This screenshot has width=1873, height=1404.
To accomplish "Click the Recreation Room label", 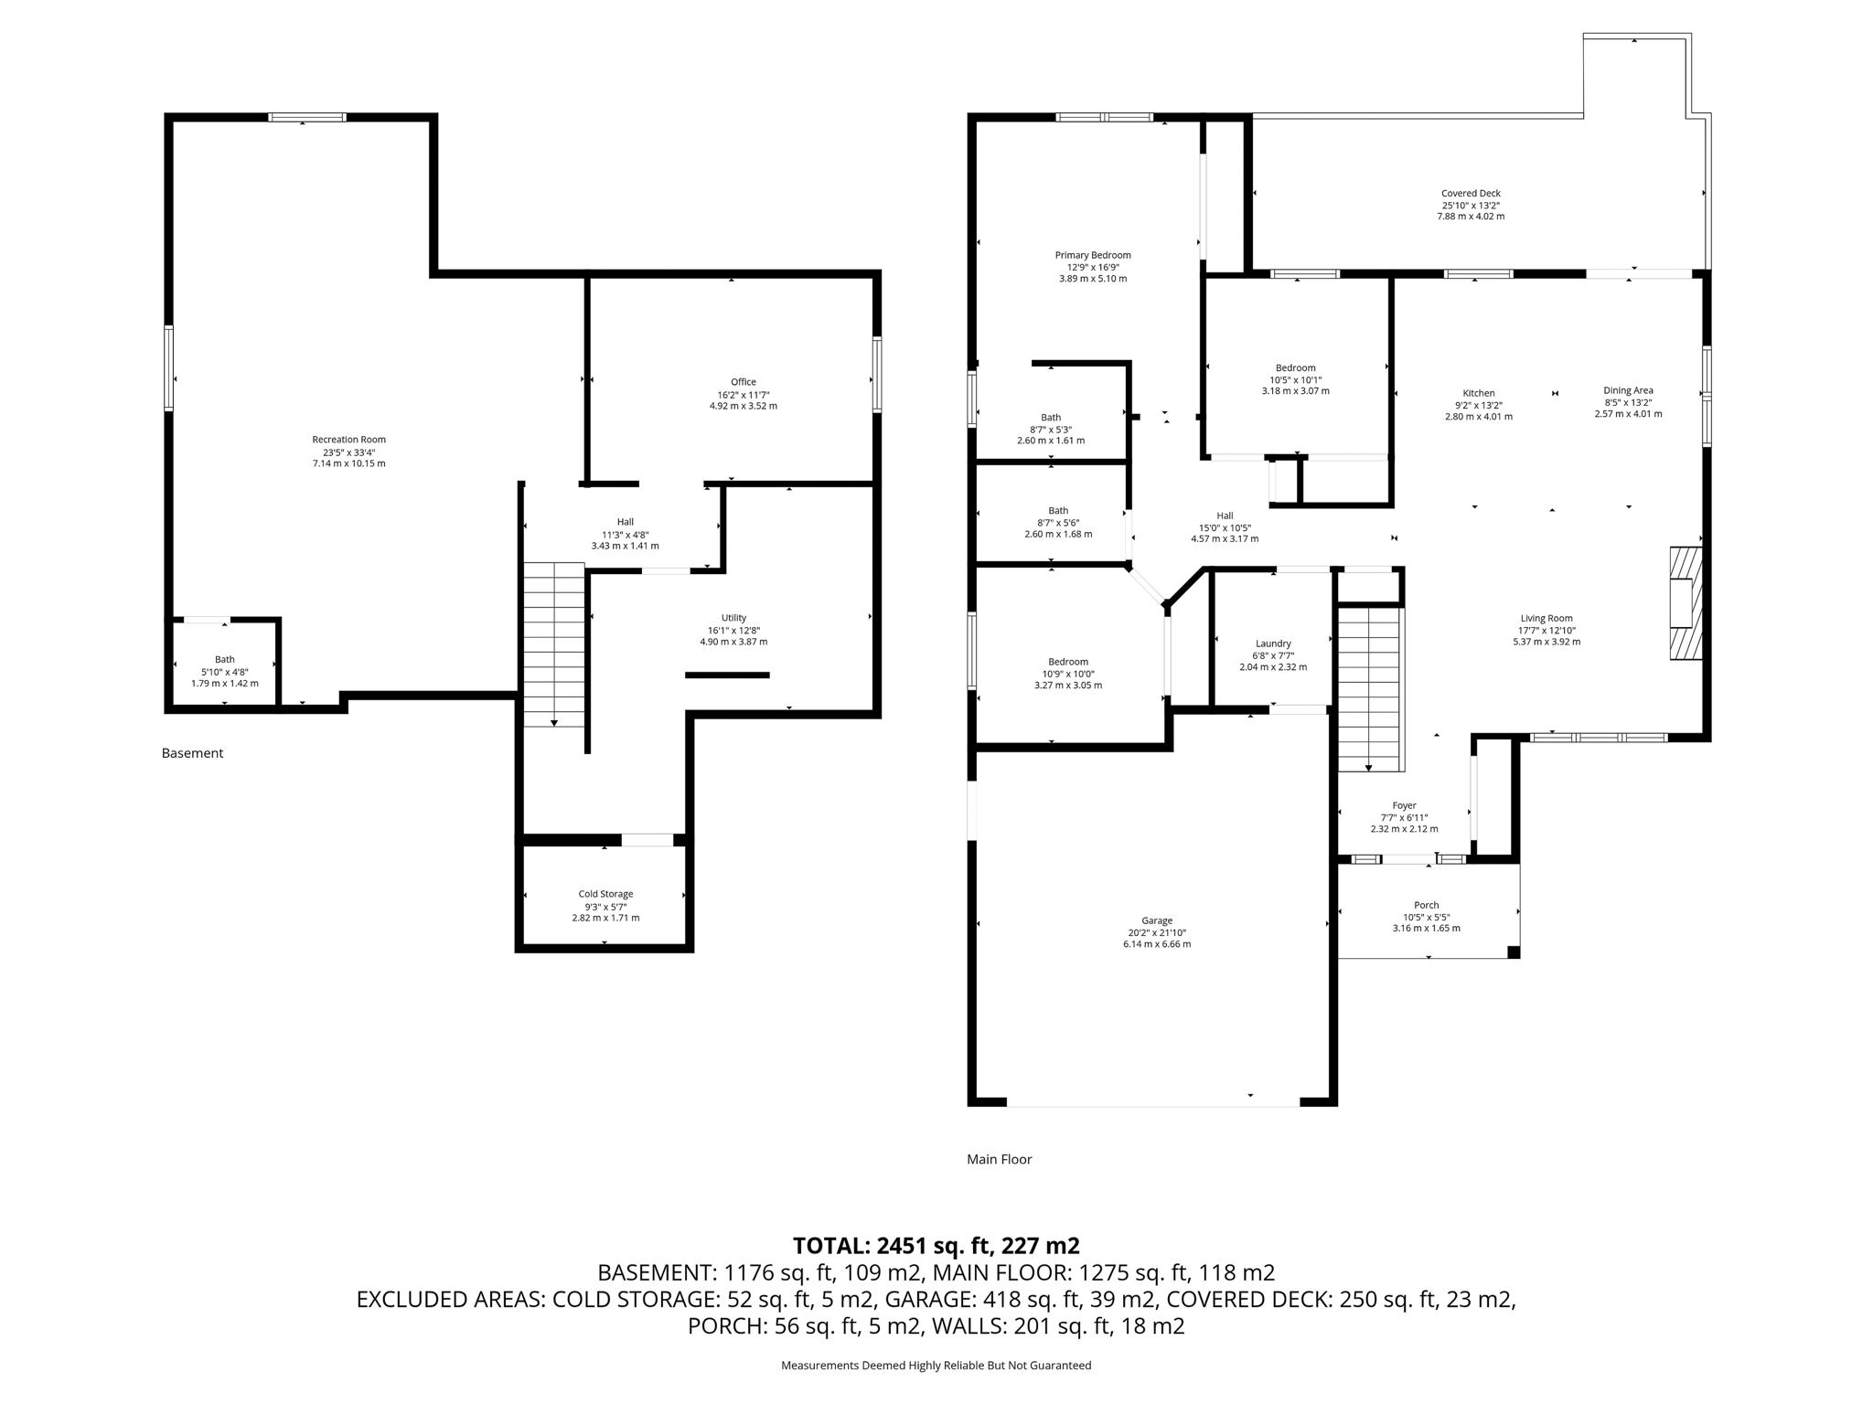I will tap(348, 440).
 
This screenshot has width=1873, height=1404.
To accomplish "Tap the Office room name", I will tap(743, 382).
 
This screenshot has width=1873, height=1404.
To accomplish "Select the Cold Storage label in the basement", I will tap(605, 894).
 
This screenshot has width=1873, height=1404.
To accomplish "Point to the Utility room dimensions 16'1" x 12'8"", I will tap(733, 630).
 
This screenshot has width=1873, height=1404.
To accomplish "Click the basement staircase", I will tap(554, 644).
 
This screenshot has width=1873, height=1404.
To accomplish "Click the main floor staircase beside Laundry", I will tap(1369, 690).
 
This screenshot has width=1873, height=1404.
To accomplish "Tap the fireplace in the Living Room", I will tap(1686, 603).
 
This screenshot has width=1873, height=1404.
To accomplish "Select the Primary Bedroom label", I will tap(1092, 255).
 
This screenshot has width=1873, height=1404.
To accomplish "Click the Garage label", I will tap(1156, 920).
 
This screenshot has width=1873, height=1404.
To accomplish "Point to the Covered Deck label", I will tap(1470, 193).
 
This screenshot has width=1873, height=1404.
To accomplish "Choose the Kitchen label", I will tap(1478, 393).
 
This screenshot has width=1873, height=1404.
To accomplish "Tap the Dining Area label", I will tap(1628, 390).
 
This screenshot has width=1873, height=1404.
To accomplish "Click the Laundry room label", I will tap(1272, 643).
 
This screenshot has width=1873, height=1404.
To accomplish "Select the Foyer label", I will tap(1404, 805).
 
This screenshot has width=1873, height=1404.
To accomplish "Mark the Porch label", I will tap(1426, 905).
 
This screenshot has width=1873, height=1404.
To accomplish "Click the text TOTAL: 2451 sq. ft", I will tap(936, 1245).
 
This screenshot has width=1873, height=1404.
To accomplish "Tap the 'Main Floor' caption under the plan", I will tap(999, 1159).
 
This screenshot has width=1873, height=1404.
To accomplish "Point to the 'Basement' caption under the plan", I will tap(192, 753).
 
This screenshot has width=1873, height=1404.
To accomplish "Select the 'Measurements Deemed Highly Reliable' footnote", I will tap(936, 1365).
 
